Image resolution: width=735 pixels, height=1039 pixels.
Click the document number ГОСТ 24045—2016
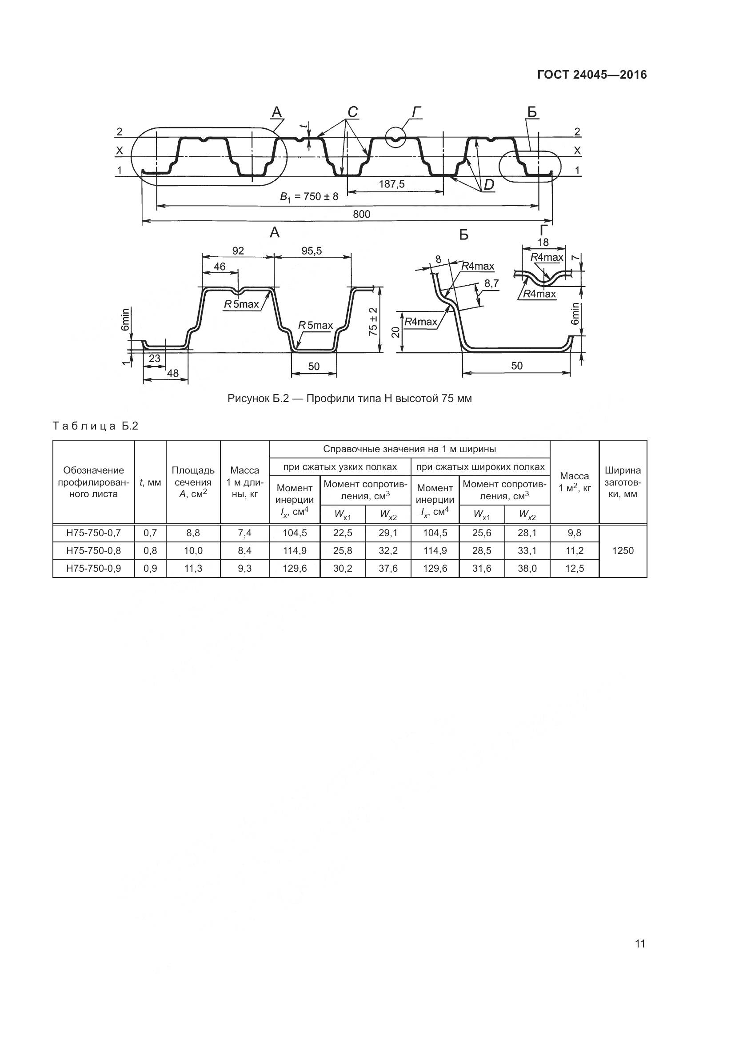592,75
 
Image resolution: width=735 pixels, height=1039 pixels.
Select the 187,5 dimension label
392,184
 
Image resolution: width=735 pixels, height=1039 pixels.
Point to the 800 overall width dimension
362,214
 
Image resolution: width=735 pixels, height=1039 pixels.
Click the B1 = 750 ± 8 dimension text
309,197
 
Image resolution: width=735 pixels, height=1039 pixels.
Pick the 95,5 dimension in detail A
312,251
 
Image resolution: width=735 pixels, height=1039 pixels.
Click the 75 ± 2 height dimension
373,322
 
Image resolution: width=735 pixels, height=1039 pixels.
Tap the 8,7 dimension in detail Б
491,283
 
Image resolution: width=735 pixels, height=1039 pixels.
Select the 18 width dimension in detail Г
543,242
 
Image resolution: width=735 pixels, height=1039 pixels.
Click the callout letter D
489,185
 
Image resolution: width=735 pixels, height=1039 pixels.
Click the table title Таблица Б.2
96,426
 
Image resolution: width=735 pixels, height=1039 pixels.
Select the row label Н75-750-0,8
94,551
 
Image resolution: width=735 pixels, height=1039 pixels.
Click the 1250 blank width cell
623,551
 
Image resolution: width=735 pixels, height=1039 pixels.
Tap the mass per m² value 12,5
574,569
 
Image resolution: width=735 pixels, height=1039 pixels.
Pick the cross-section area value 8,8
193,533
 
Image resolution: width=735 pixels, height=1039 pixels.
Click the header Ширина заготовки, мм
623,482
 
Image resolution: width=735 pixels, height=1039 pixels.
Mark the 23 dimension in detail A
154,358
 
